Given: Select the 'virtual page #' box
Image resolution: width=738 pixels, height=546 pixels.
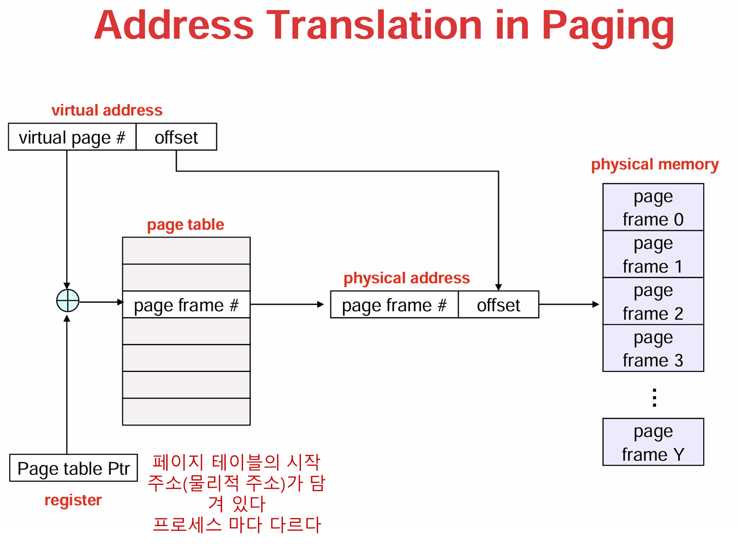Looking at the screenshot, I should point(72,137).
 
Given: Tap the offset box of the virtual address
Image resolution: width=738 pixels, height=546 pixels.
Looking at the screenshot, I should point(176,137).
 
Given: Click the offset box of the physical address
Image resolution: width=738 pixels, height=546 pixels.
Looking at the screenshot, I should point(499,305).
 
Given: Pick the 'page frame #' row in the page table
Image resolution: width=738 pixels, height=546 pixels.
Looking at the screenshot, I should point(186,305).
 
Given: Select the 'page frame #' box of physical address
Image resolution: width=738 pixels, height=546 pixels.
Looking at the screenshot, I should point(394,305).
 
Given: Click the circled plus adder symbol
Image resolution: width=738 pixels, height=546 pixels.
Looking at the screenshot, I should point(68,301).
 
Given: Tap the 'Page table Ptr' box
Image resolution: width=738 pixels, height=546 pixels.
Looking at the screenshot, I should point(74,468).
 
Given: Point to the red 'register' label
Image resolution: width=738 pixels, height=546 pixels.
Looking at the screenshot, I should point(73,500).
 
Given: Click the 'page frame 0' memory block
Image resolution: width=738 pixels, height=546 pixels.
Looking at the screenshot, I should point(653,207).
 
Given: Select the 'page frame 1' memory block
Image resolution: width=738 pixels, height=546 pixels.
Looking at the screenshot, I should point(653,254).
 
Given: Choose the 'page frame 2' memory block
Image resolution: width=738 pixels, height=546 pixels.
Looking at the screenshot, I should point(653,301).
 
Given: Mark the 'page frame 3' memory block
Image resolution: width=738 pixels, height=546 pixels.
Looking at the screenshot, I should point(653,348).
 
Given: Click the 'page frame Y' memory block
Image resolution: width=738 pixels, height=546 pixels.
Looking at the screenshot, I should point(653,442).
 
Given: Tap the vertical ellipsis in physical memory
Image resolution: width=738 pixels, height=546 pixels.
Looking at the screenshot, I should point(654,397).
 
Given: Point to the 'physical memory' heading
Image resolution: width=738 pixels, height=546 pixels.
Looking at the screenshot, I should point(655,164).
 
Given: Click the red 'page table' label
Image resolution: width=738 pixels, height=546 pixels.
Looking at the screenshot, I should point(185,225).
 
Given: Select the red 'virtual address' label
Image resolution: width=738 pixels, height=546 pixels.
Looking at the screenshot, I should point(107,110).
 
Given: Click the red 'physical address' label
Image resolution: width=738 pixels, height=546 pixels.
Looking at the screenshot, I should point(407,278).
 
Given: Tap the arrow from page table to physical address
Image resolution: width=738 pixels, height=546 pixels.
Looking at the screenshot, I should point(287,304).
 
